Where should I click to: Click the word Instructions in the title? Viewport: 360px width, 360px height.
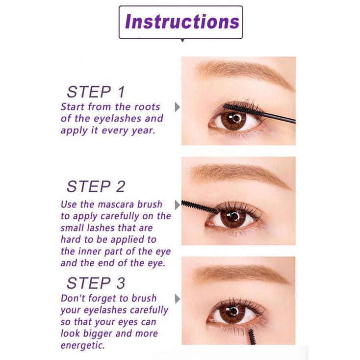[x=181, y=22]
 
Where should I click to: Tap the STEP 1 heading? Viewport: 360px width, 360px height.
[x=96, y=92]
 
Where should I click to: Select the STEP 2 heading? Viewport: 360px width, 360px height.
[x=96, y=186]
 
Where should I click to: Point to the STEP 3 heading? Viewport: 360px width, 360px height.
[x=96, y=283]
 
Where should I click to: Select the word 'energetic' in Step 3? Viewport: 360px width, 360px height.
[x=82, y=345]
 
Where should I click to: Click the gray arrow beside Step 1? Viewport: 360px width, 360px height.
[x=177, y=106]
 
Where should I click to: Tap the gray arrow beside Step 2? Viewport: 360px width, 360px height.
[x=177, y=204]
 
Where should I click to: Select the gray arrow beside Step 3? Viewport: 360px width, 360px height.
[x=177, y=299]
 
